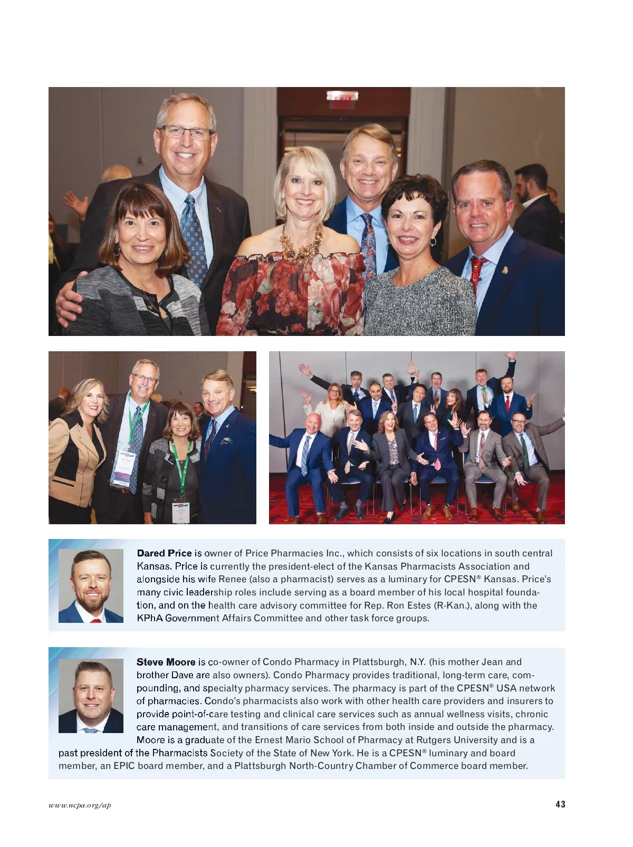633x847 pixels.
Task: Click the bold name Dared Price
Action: click(x=164, y=553)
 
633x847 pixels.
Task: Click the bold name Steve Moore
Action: click(x=166, y=662)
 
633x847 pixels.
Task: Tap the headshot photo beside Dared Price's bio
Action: click(x=91, y=586)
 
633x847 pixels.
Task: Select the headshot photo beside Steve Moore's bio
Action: click(x=91, y=696)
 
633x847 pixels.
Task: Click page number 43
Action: click(x=560, y=804)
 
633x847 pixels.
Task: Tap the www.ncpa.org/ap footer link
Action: click(x=80, y=805)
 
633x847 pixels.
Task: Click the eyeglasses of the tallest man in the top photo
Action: click(x=185, y=132)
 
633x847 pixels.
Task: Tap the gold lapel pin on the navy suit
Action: click(x=505, y=271)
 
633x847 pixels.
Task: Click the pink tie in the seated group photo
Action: click(x=437, y=455)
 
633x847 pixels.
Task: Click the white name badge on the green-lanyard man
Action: click(x=123, y=467)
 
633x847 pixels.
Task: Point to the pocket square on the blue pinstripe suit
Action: click(x=227, y=441)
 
